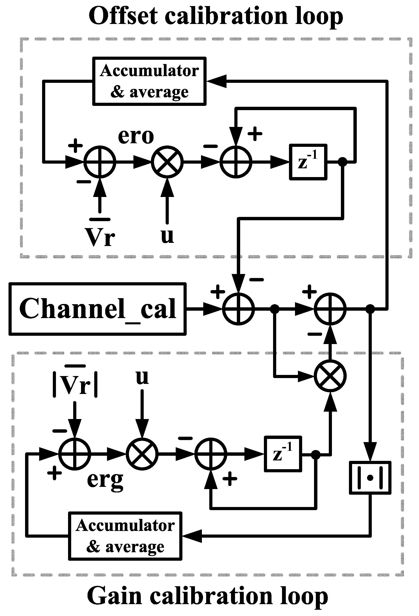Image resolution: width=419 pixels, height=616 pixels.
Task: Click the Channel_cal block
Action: click(98, 309)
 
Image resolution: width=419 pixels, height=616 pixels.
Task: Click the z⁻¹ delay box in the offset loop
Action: click(308, 162)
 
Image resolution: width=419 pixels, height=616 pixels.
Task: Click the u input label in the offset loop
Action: click(167, 236)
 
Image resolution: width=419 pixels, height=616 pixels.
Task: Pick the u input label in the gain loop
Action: click(142, 377)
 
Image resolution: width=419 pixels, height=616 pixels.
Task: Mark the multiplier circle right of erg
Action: click(142, 454)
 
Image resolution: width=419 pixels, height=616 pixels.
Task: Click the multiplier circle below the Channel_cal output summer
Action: click(330, 376)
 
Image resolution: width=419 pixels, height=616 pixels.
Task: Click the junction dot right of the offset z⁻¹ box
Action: click(343, 161)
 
